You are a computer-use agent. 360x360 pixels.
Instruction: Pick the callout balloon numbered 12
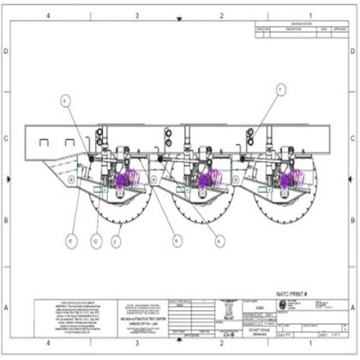[96, 242]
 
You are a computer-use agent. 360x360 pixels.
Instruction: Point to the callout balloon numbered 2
[115, 242]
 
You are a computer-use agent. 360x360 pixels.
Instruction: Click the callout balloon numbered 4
[220, 242]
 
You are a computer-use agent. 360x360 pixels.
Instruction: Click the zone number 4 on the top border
[49, 15]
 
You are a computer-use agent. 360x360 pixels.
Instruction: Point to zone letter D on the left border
[8, 51]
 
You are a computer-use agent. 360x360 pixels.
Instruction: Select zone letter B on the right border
[352, 219]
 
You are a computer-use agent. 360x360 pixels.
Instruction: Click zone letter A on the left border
[8, 305]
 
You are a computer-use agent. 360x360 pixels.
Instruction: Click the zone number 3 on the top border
[136, 15]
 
